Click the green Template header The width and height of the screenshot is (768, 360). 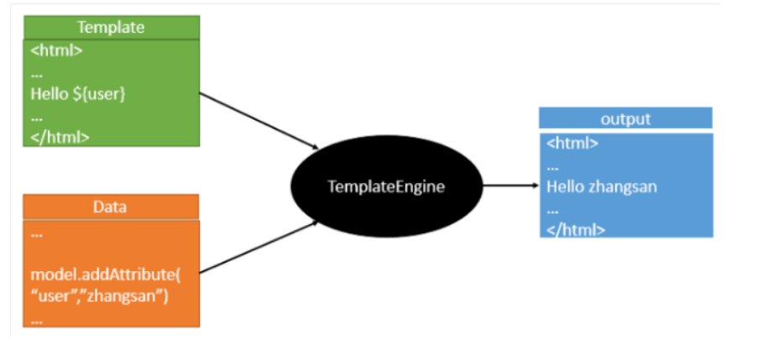click(x=111, y=28)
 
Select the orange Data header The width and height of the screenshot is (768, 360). click(x=111, y=206)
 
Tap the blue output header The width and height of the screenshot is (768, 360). click(x=625, y=118)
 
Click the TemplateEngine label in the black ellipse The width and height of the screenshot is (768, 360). click(x=386, y=186)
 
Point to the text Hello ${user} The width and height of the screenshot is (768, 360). click(x=78, y=94)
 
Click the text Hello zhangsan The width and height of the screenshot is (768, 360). click(x=602, y=186)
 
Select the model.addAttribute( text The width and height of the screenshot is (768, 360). click(x=106, y=274)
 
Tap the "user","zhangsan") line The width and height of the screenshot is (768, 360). click(x=99, y=296)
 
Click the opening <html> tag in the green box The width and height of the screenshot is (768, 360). click(x=57, y=51)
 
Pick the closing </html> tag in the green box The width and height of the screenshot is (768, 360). click(x=60, y=137)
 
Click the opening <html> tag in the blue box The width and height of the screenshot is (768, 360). click(x=572, y=143)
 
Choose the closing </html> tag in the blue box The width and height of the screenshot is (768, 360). click(x=576, y=229)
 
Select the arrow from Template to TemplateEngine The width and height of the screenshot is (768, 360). click(x=259, y=121)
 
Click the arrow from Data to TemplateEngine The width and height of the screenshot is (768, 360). click(x=259, y=247)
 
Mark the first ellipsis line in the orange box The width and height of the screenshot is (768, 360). click(x=37, y=236)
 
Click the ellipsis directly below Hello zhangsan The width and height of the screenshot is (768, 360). click(x=552, y=212)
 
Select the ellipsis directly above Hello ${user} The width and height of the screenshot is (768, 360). click(x=37, y=76)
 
